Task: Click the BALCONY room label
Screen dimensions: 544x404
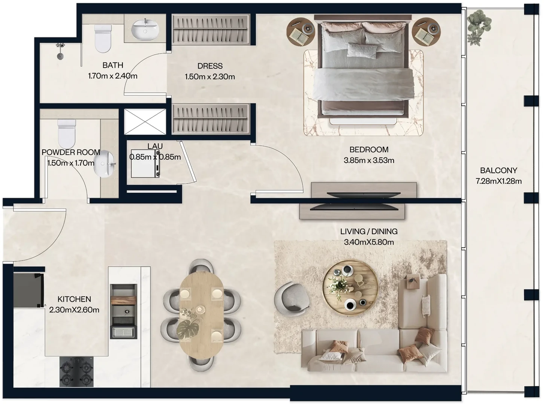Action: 498,170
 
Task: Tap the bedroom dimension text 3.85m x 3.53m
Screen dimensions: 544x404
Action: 369,160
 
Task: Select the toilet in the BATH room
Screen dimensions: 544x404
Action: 103,39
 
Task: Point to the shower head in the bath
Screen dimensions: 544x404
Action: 60,51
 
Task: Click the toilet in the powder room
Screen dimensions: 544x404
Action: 67,134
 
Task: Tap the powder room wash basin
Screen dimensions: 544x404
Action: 105,163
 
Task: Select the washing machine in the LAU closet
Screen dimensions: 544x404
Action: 145,163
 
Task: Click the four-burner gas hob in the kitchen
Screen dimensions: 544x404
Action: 77,371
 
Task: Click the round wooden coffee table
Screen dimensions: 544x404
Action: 351,288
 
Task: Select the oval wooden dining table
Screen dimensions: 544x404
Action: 201,315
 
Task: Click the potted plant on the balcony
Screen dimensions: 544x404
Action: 479,27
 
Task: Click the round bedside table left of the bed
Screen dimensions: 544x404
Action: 301,32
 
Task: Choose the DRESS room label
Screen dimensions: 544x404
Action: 210,66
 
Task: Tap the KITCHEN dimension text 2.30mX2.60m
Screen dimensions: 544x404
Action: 74,310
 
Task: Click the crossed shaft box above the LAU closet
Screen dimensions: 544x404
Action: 145,122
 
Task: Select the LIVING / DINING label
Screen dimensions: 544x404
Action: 369,231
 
